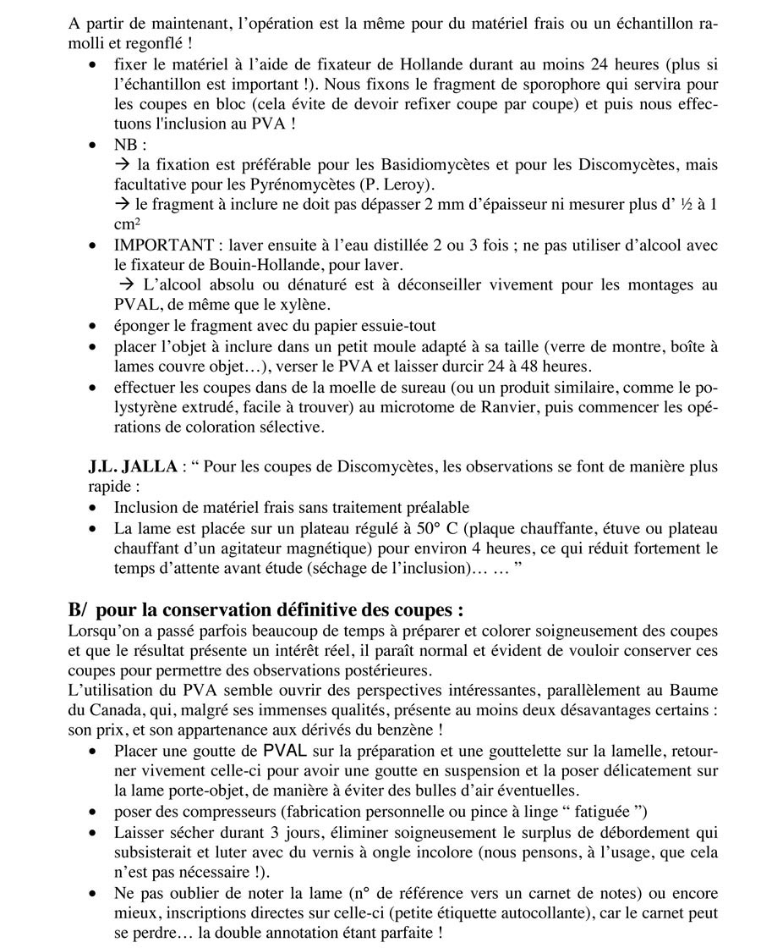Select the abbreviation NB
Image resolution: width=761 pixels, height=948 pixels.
click(126, 145)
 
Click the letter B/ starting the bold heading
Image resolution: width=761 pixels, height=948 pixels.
click(79, 610)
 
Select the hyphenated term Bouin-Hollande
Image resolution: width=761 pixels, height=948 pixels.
click(244, 265)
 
